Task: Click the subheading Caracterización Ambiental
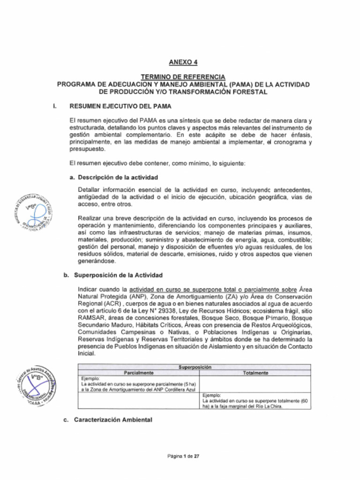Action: pyautogui.click(x=113, y=420)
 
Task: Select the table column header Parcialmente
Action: pyautogui.click(x=139, y=373)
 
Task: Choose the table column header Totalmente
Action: pyautogui.click(x=255, y=373)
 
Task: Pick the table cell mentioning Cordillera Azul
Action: pyautogui.click(x=139, y=383)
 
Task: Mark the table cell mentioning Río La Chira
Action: pyautogui.click(x=255, y=401)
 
